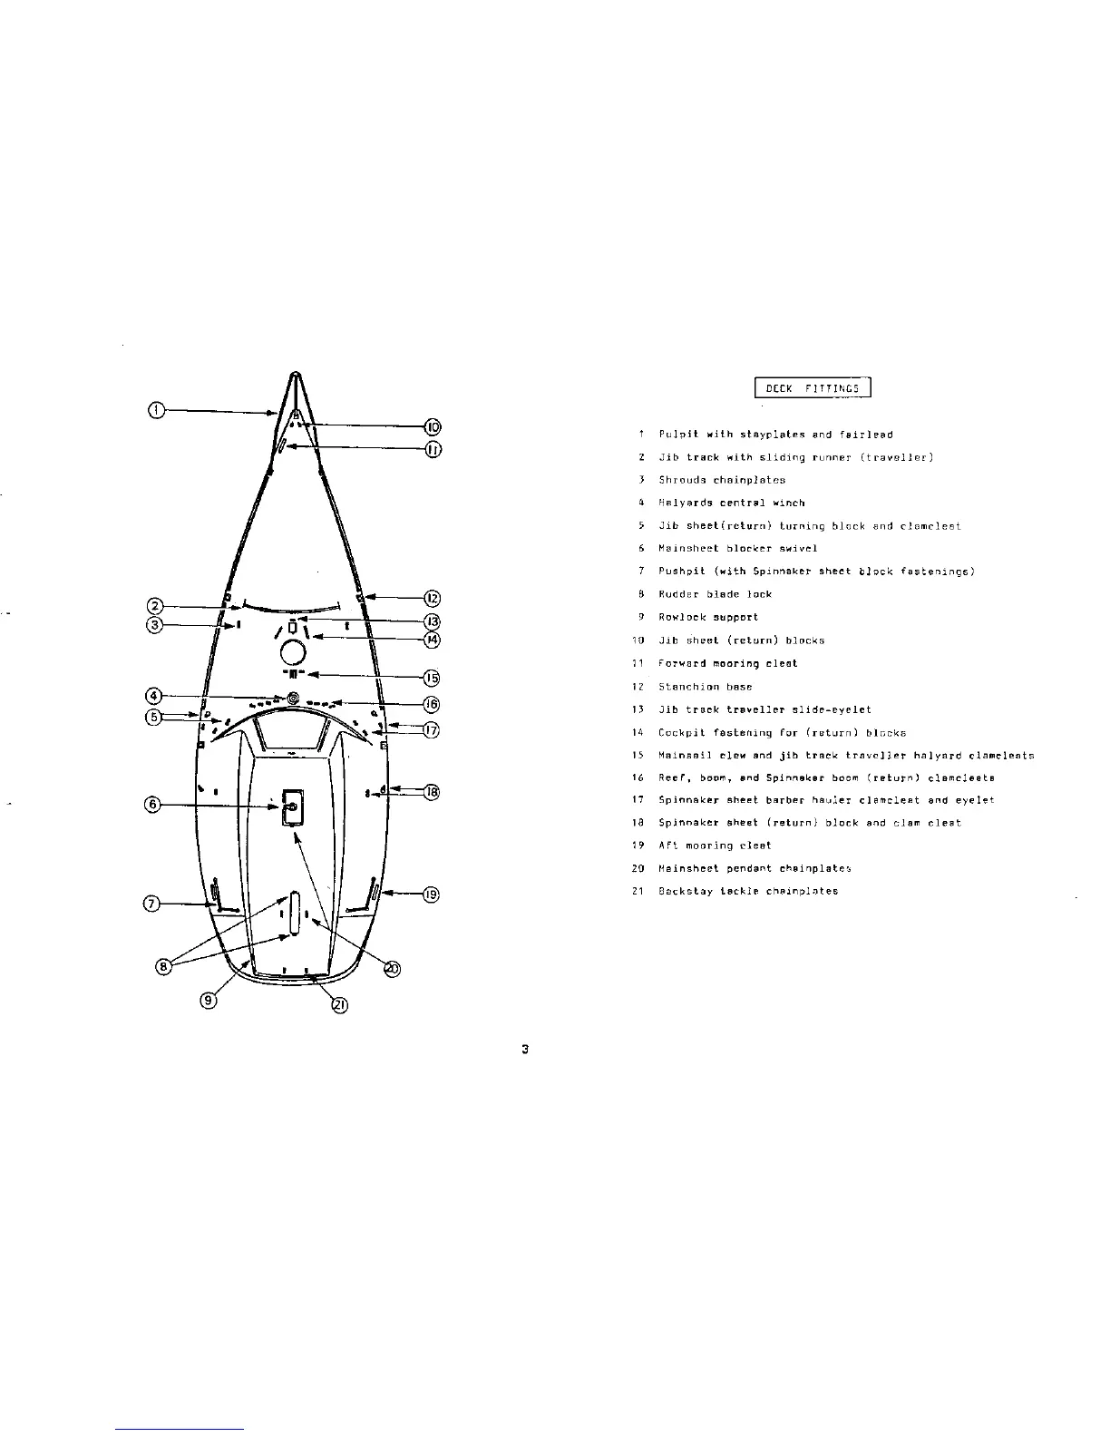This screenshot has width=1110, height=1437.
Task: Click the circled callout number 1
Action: pos(156,411)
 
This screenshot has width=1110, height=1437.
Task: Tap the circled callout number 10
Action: pos(433,426)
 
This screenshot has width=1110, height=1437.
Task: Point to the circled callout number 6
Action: pos(153,804)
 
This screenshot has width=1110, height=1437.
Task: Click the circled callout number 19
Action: pos(432,894)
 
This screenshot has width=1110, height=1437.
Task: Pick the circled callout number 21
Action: pos(338,1004)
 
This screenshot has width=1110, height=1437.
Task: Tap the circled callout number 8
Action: pos(164,967)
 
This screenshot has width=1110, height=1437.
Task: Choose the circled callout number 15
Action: pos(433,677)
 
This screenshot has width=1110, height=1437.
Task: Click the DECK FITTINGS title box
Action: pos(813,388)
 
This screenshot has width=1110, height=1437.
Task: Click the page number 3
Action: pos(525,1050)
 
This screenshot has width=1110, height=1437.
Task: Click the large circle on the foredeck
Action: pos(293,652)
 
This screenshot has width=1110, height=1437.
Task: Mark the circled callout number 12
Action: pos(433,598)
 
